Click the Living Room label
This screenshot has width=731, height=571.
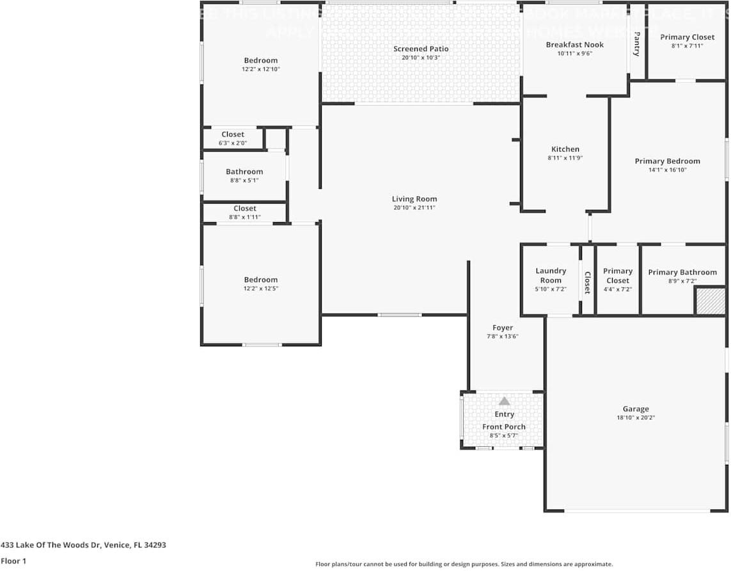point(414,198)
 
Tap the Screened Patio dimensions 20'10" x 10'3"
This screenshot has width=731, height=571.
point(421,58)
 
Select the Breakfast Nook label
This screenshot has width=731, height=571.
point(574,45)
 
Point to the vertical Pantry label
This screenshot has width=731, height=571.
point(636,44)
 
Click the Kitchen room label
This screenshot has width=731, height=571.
point(565,149)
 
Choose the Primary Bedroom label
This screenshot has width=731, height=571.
point(667,161)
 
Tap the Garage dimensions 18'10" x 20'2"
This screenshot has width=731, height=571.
point(636,417)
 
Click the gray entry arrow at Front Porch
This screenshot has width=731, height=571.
point(504,401)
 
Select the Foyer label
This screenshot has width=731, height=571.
point(502,328)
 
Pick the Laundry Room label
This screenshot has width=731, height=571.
point(551,275)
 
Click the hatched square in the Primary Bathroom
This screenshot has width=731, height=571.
point(709,301)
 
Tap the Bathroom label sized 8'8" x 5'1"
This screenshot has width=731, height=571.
point(244,172)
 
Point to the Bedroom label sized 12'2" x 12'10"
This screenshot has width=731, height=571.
point(261,60)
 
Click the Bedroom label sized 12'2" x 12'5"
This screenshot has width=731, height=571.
point(261,280)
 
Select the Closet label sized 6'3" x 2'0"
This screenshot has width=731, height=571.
point(233,134)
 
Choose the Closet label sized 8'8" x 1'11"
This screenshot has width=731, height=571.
point(244,209)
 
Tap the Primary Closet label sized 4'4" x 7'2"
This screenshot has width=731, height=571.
point(617,275)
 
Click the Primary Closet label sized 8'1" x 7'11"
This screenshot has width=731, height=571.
point(688,37)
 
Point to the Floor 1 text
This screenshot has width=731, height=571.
point(14,561)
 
